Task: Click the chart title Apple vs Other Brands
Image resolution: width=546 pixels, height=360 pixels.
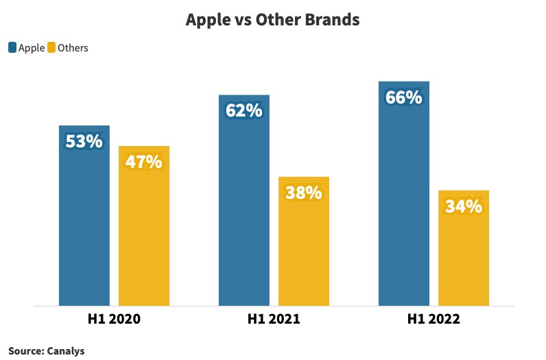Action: click(272, 21)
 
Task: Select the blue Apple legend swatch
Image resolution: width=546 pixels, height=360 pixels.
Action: click(12, 48)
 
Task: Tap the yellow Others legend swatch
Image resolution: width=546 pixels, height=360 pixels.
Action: click(51, 48)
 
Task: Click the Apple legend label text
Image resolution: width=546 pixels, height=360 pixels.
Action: click(31, 48)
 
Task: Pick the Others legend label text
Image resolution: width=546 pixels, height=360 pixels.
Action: click(73, 48)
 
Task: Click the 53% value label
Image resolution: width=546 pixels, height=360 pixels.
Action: click(84, 142)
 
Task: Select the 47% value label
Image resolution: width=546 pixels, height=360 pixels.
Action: click(143, 163)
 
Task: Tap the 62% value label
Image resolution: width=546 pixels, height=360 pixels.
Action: click(244, 110)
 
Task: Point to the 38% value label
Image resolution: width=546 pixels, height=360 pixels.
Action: click(303, 193)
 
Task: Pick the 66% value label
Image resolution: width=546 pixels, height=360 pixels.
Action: click(403, 97)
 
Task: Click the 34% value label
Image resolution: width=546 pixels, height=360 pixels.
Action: click(463, 206)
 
